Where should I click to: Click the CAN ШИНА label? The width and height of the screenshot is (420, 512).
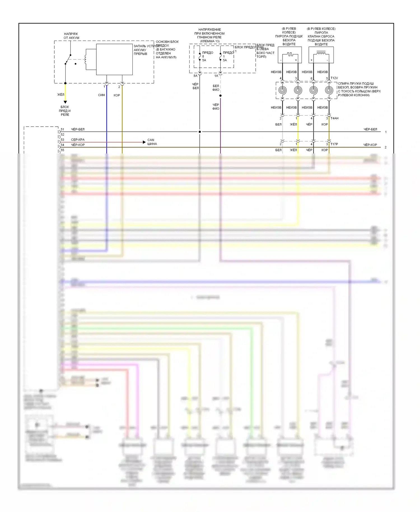coord(152,142)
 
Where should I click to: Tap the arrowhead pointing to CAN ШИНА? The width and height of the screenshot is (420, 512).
coord(144,142)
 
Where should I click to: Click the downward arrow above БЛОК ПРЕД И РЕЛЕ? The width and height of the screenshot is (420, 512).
coord(65,102)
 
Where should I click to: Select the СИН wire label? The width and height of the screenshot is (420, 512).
coord(101,95)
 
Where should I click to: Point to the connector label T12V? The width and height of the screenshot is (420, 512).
coord(334,78)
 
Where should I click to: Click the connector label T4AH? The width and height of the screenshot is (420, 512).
coord(335,118)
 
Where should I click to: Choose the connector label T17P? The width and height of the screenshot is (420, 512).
coord(334,144)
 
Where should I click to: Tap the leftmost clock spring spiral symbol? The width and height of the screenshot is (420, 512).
coord(282,90)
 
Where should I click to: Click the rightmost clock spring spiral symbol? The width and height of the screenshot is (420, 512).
coord(329,90)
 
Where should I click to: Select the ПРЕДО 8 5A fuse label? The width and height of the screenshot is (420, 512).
coord(207,56)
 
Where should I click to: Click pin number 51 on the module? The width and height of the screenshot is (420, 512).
coord(62,129)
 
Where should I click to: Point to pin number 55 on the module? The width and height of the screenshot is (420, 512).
coord(62,150)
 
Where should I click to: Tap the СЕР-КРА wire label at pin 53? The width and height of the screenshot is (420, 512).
coord(78,140)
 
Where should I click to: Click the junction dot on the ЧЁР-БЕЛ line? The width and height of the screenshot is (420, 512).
coord(200,132)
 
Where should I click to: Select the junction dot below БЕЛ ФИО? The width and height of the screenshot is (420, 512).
coord(220,96)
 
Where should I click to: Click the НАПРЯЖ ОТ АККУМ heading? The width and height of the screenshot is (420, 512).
coord(71,36)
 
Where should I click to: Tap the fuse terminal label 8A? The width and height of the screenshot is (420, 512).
coord(195,76)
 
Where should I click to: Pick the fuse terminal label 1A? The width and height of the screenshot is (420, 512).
coord(216,76)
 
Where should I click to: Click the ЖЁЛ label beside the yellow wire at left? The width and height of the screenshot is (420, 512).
coord(61,95)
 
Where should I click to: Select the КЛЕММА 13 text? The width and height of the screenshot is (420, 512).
coord(210,41)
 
